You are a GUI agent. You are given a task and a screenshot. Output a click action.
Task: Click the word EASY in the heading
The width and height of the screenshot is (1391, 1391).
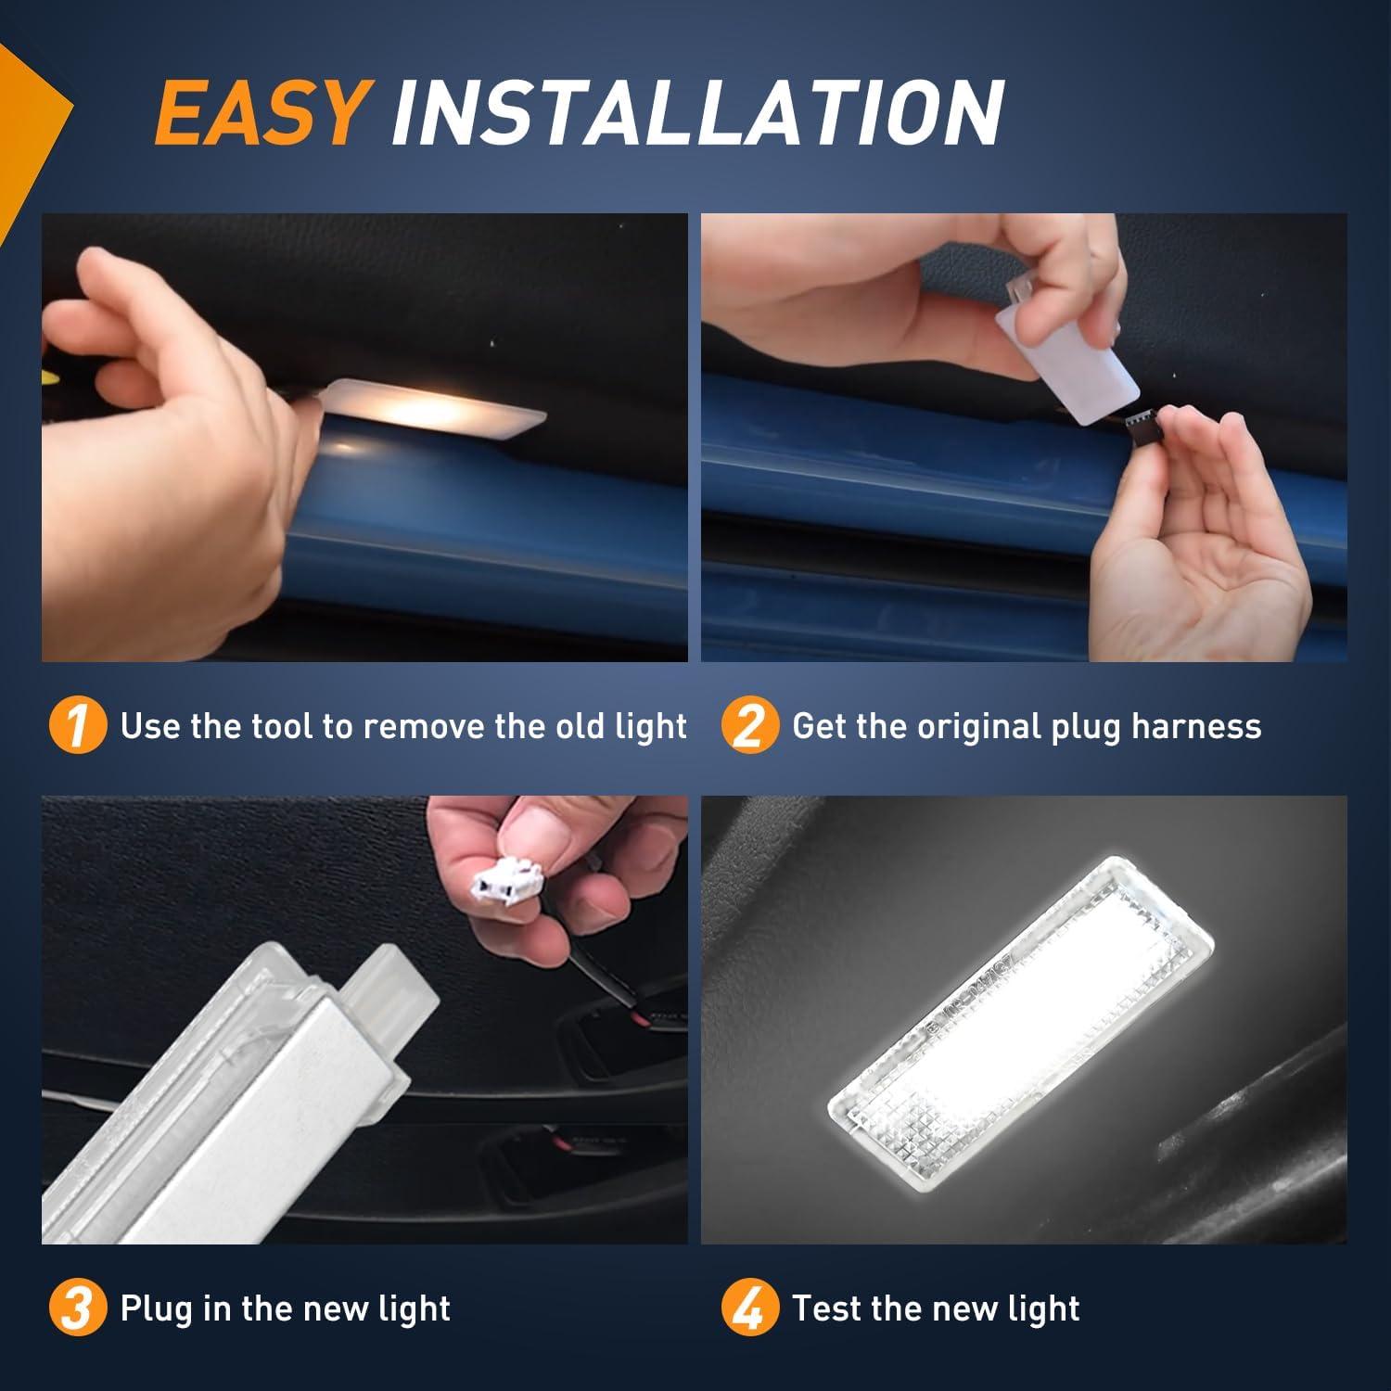click(262, 113)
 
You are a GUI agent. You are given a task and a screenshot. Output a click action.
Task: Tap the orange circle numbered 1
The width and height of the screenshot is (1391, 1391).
click(77, 726)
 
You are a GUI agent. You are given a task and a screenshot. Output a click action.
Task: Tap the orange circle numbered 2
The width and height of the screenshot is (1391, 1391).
click(748, 726)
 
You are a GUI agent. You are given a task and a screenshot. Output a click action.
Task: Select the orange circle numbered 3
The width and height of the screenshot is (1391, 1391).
click(77, 1308)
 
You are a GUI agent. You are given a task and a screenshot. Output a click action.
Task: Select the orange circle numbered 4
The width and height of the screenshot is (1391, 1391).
click(748, 1308)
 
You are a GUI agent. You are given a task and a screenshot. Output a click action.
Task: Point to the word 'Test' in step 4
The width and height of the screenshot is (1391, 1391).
click(826, 1308)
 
